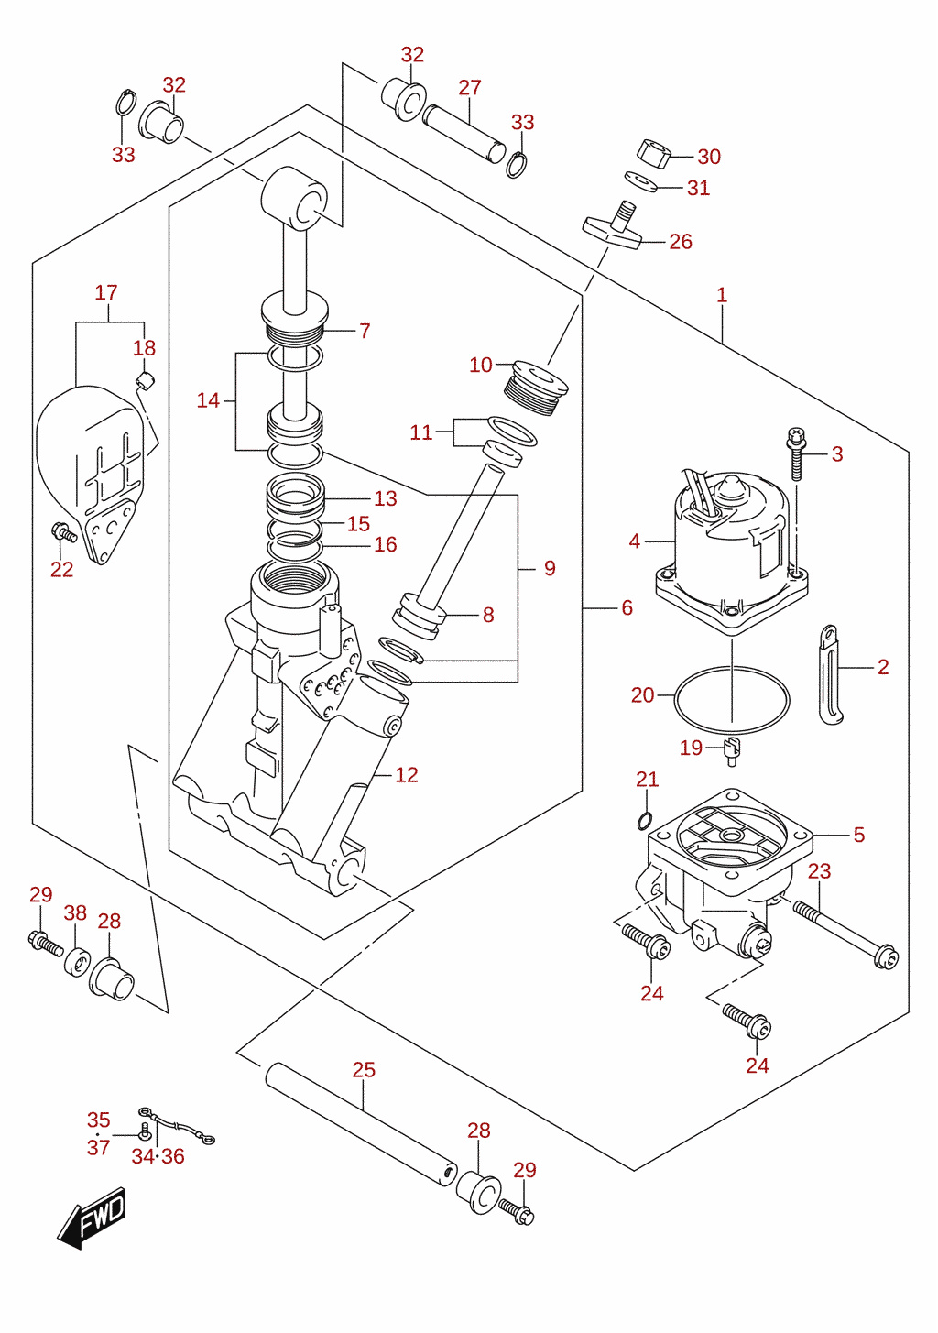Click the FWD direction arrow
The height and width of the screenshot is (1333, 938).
point(93,1218)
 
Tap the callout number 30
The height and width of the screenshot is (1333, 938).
point(709,157)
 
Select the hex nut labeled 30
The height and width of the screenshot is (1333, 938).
point(653,151)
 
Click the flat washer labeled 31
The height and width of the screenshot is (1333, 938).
point(640,182)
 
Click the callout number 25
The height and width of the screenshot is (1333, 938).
point(364,1070)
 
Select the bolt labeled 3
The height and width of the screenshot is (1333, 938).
point(796,453)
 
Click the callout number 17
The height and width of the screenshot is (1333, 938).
point(106,293)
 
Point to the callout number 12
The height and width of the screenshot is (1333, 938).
point(407,775)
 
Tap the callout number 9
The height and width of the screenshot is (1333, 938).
point(550,568)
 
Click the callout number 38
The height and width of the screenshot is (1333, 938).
point(75,912)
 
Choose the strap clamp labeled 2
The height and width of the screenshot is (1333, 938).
point(830,674)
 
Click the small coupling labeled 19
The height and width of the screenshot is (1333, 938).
point(732,752)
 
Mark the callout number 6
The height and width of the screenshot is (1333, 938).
point(627,607)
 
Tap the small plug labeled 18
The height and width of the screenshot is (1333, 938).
point(145,379)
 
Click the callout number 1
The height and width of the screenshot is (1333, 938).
point(722,295)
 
